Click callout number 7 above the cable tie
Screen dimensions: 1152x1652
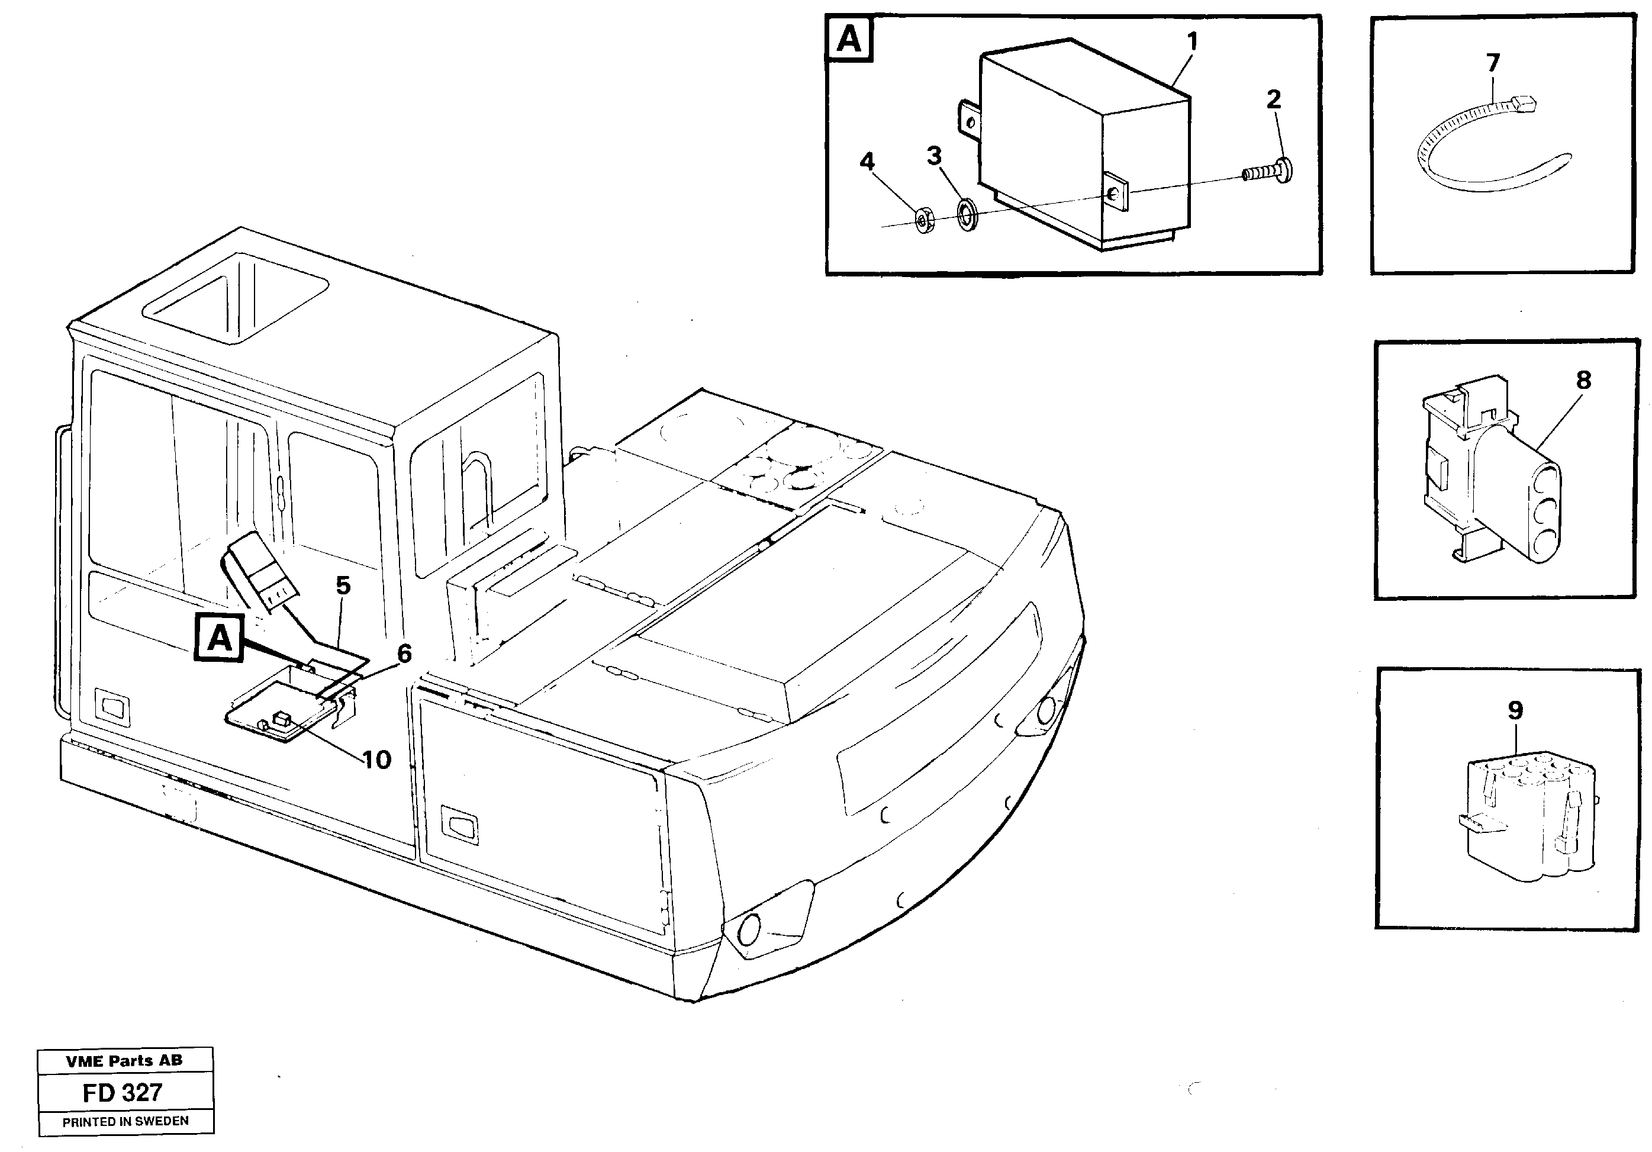pyautogui.click(x=1493, y=63)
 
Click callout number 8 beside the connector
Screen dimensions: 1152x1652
pyautogui.click(x=1583, y=380)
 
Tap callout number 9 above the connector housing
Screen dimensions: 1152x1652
pyautogui.click(x=1515, y=711)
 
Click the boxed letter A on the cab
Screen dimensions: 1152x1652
pyautogui.click(x=220, y=638)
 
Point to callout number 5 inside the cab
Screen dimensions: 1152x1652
pyautogui.click(x=343, y=585)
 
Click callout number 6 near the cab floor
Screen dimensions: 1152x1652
pyautogui.click(x=404, y=654)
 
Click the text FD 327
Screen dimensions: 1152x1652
pyautogui.click(x=123, y=1093)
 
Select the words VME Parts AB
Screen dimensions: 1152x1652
pyautogui.click(x=124, y=1061)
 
